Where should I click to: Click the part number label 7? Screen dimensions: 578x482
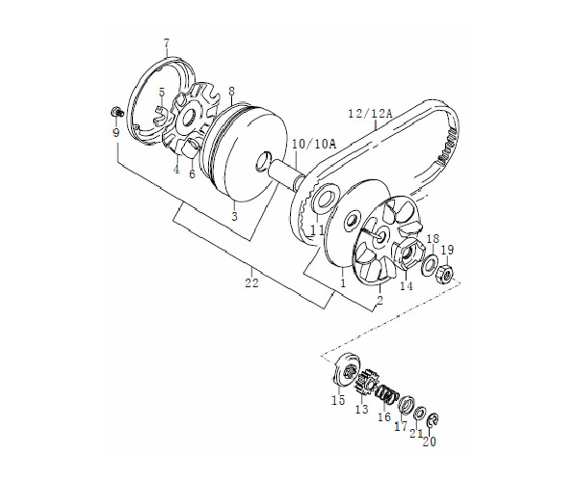coord(167,43)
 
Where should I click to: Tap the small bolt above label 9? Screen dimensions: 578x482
coord(117,111)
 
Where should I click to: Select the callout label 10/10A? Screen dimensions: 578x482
coord(314,145)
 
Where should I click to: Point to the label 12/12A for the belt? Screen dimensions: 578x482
coord(370,114)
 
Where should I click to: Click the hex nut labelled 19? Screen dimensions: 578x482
coord(444,274)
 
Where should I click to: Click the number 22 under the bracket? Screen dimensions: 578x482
coord(251,283)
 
